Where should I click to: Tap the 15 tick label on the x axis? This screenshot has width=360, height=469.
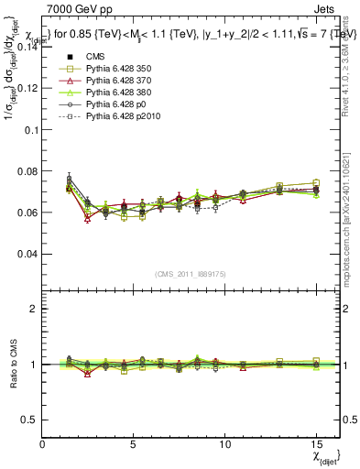(x=316, y=442)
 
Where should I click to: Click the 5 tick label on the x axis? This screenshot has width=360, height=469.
(x=134, y=442)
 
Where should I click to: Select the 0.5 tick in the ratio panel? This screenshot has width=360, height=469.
(x=28, y=420)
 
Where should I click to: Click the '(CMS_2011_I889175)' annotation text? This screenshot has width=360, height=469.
(x=191, y=274)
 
